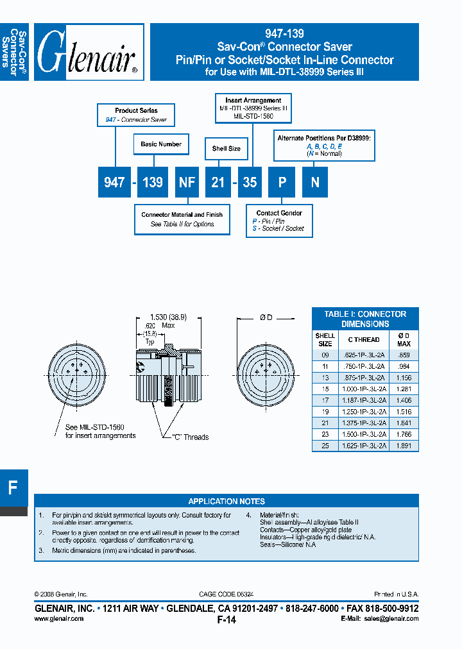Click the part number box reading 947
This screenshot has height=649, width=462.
(x=114, y=182)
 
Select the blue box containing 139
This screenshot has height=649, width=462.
(x=152, y=182)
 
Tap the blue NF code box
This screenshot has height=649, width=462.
(x=187, y=182)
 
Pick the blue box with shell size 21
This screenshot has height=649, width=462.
(x=218, y=182)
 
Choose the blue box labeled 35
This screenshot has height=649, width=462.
(x=250, y=182)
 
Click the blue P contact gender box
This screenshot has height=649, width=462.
(x=281, y=182)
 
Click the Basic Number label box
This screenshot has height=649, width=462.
(x=161, y=144)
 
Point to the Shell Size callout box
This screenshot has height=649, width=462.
(x=226, y=149)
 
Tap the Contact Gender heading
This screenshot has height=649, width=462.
(x=279, y=213)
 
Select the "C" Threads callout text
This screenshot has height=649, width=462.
(x=191, y=437)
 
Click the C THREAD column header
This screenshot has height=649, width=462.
(x=364, y=339)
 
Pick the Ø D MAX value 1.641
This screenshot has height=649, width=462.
(x=404, y=423)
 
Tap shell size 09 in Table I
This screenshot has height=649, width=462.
(x=325, y=355)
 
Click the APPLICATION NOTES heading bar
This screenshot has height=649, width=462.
(x=226, y=501)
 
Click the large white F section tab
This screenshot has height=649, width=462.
(x=13, y=487)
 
